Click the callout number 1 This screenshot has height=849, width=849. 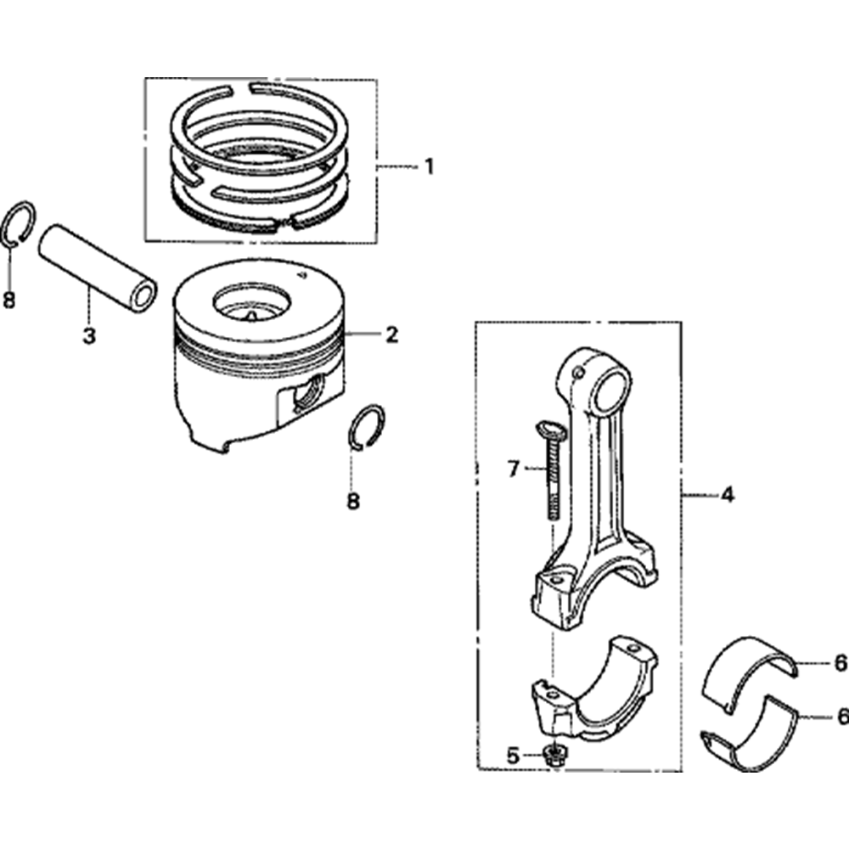pyautogui.click(x=429, y=166)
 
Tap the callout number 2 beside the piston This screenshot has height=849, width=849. pyautogui.click(x=391, y=335)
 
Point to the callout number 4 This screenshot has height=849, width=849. pyautogui.click(x=728, y=494)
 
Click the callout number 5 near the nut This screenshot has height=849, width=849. pyautogui.click(x=512, y=754)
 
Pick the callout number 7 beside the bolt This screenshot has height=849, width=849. pyautogui.click(x=512, y=468)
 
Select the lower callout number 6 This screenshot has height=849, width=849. pyautogui.click(x=841, y=717)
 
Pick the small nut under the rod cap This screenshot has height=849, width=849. pyautogui.click(x=556, y=753)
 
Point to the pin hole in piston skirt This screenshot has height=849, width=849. pyautogui.click(x=307, y=393)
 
